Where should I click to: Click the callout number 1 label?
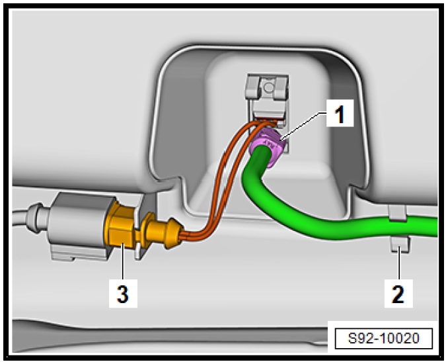tap(340, 114)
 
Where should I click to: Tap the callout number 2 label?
tap(398, 293)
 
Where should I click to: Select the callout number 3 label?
tap(123, 293)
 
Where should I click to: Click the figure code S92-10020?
tap(384, 338)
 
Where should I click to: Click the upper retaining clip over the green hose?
tap(398, 212)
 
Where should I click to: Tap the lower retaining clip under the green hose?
tap(400, 244)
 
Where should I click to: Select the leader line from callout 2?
tap(399, 263)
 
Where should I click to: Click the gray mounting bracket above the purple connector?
tap(268, 97)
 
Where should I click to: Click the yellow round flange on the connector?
tap(149, 228)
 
